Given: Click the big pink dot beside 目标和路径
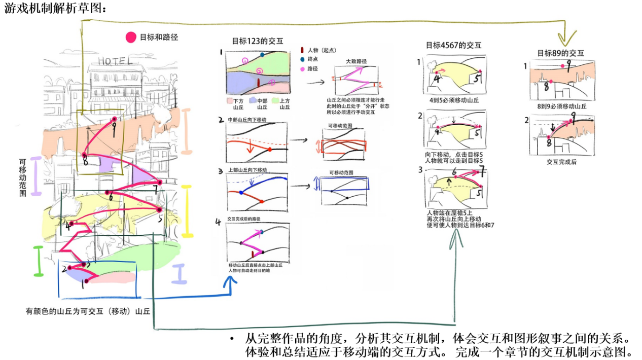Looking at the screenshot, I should point(131,37).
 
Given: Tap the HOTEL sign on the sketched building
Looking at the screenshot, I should point(115,61).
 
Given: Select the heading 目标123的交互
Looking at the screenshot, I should point(257,42).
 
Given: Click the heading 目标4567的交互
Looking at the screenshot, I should point(453,45).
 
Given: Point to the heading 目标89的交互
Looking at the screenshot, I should point(560,53).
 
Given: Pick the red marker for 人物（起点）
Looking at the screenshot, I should point(302,50).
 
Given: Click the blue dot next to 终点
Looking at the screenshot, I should point(302,59).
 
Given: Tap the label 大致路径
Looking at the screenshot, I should point(356,61).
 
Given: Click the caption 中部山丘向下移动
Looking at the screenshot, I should point(247,120).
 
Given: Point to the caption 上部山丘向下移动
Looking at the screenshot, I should point(247,169).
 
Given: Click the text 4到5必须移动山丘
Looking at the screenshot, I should point(454,100).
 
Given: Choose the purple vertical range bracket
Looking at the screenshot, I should point(35,176).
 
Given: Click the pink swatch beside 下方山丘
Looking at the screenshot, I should point(229,101).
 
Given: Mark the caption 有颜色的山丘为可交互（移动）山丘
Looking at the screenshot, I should point(88,311).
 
